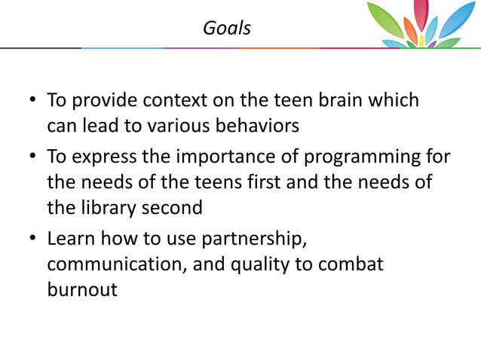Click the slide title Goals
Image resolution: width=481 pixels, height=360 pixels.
(227, 29)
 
